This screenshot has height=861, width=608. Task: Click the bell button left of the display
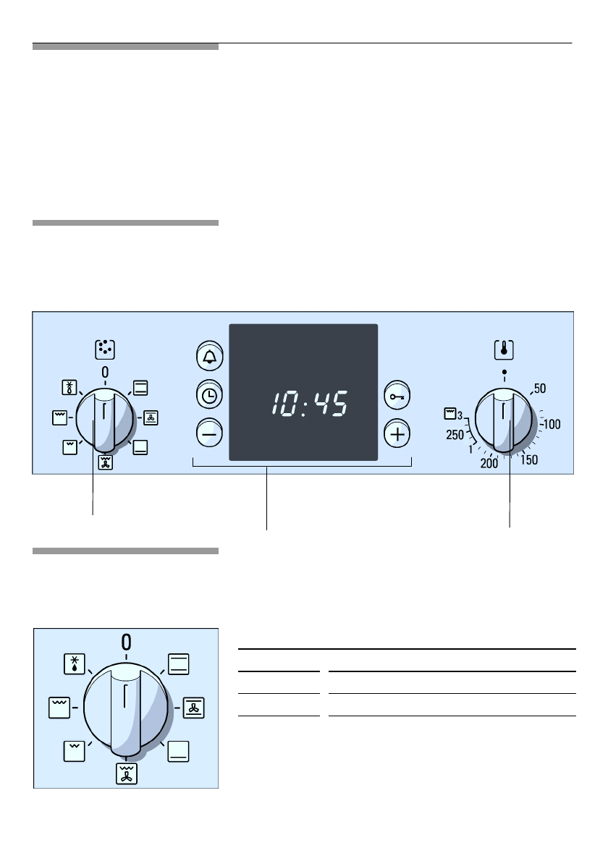[209, 357]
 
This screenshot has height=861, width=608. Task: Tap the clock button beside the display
[209, 395]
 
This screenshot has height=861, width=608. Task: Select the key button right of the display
[397, 395]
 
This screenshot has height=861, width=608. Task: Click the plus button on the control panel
[397, 434]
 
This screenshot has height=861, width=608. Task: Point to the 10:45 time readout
[310, 404]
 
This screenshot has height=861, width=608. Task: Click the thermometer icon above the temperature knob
[504, 349]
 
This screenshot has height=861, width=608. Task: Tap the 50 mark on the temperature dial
[540, 389]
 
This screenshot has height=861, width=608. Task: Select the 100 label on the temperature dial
[552, 424]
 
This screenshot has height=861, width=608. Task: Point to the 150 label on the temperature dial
[529, 459]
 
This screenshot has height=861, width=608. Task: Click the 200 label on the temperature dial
[489, 464]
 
